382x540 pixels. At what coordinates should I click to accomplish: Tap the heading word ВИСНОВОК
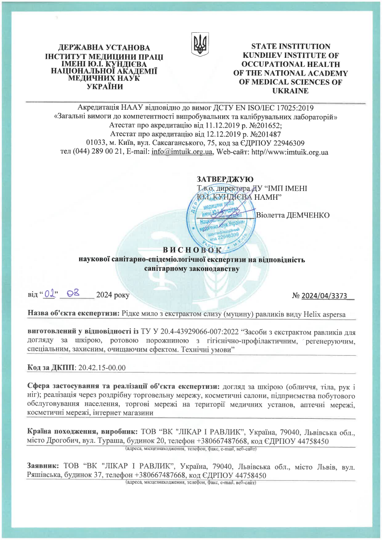pyautogui.click(x=192, y=250)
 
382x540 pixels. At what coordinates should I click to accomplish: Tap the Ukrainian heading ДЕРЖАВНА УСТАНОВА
pyautogui.click(x=103, y=47)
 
